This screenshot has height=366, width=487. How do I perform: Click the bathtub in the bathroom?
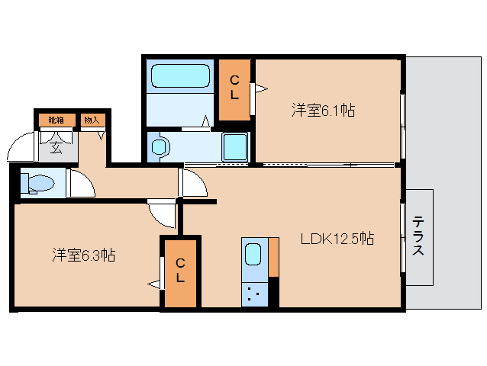(x=180, y=77)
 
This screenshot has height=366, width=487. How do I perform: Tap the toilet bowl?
(x=37, y=183)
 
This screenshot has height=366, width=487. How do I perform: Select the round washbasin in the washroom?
(x=159, y=146)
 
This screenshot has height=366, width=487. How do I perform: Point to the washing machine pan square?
(x=235, y=145)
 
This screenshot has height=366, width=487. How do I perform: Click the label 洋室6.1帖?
(x=322, y=111)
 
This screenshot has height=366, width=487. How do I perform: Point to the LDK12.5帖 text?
(x=336, y=239)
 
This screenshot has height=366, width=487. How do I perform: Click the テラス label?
(x=419, y=237)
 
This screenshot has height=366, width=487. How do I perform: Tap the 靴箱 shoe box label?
(x=56, y=119)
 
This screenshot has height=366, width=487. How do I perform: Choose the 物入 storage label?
(x=91, y=119)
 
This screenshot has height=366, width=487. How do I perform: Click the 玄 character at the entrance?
(x=56, y=146)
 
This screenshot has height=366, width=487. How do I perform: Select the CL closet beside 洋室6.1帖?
(x=235, y=88)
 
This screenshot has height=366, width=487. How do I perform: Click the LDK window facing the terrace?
(x=402, y=237)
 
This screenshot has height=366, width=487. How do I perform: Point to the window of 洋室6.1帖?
(x=402, y=114)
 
